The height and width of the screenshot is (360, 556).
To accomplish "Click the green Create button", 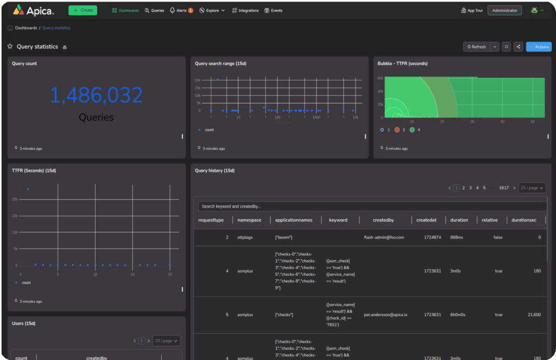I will [x=83, y=10].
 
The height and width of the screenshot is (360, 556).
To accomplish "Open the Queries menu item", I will [x=155, y=10].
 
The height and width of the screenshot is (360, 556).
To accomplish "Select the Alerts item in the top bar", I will [x=181, y=10].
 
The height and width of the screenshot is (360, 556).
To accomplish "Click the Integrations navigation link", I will [x=245, y=10].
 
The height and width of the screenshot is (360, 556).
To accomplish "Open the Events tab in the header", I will [x=273, y=10].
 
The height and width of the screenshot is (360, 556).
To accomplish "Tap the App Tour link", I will [x=472, y=10].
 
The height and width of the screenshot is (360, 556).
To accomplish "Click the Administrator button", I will [x=504, y=10].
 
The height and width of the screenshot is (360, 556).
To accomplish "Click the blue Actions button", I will [x=539, y=47].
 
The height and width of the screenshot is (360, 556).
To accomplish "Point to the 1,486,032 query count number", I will [x=97, y=95].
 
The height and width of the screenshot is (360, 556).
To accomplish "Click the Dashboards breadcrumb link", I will [x=26, y=28].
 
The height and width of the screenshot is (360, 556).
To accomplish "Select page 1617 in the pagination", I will [x=504, y=188].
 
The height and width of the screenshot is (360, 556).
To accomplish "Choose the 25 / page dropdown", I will [x=532, y=188].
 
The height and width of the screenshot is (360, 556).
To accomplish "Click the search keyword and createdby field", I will [x=369, y=206].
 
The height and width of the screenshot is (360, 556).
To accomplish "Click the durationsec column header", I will [x=525, y=220].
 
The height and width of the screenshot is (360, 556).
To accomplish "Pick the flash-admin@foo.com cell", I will [x=383, y=237].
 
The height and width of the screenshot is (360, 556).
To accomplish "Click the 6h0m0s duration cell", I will [x=459, y=314].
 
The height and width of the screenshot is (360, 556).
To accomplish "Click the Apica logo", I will [x=33, y=10].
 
